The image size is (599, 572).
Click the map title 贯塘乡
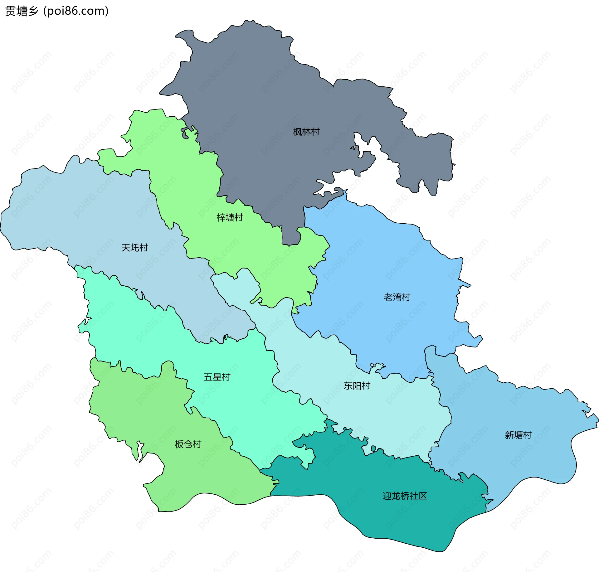(21, 11)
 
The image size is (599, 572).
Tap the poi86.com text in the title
(76, 11)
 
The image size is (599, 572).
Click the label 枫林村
(306, 132)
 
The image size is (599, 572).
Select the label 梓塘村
(230, 217)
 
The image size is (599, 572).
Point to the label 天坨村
(134, 248)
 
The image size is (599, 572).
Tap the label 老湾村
(397, 297)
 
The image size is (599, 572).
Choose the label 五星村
(217, 377)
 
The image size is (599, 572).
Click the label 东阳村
(357, 386)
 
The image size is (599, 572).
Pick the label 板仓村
(188, 444)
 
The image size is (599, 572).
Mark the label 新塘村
(518, 435)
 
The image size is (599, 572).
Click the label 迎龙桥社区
(405, 496)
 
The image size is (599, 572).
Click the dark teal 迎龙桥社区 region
(390, 524)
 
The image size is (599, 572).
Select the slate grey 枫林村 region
(265, 94)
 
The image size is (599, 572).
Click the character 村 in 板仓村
(197, 444)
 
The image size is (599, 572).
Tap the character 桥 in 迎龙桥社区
(405, 496)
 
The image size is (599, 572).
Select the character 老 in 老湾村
(388, 297)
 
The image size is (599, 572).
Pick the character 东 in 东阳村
(348, 386)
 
